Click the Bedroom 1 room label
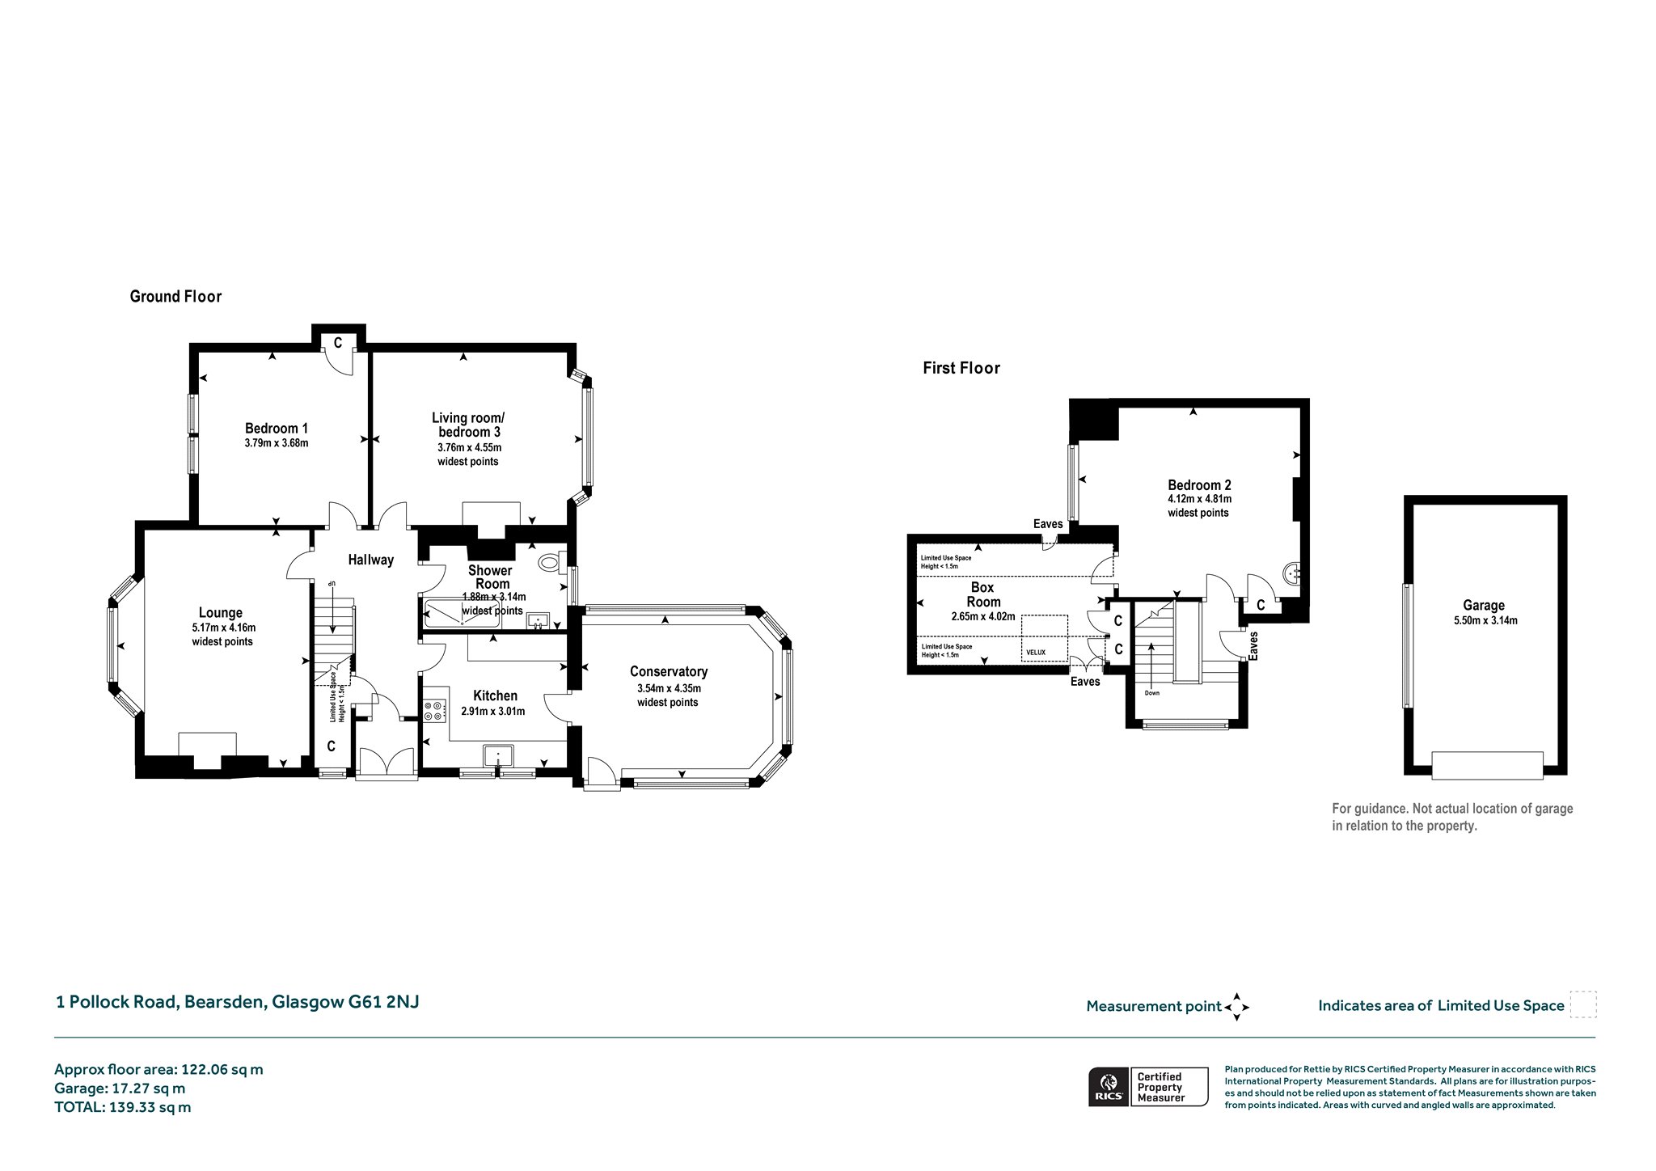[x=277, y=429]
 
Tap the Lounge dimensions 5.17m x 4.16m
[x=224, y=628]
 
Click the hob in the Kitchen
[x=433, y=710]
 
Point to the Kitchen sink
[x=499, y=756]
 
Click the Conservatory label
[x=669, y=671]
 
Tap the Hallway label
[x=371, y=560]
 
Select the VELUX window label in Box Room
[x=1036, y=652]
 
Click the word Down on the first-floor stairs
[x=1152, y=693]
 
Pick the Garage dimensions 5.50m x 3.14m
[x=1484, y=621]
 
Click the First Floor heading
[x=961, y=369]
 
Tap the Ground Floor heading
[x=175, y=297]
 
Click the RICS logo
[x=1109, y=1086]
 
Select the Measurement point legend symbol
[x=1236, y=1008]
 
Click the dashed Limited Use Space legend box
[x=1583, y=1004]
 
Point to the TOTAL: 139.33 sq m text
[x=123, y=1108]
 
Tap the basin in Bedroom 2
[x=1291, y=573]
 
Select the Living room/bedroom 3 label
[x=468, y=425]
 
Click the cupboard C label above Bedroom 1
[x=338, y=343]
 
